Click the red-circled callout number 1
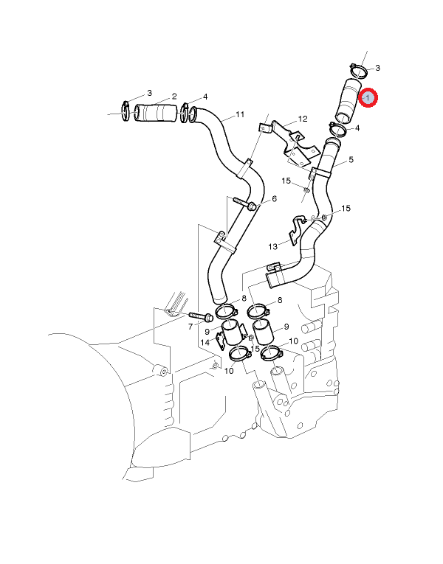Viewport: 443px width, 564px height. pos(368,97)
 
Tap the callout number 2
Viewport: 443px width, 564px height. pos(174,97)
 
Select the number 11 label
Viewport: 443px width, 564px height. pos(240,114)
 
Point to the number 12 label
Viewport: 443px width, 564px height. pos(303,119)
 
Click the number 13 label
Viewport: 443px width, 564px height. pos(272,246)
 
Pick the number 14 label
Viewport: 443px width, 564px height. pos(205,342)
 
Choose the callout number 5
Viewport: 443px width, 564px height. pos(351,159)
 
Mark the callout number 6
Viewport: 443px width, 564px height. pos(275,198)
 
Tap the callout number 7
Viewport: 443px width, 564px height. pos(190,327)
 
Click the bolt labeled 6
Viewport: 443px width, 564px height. pos(244,203)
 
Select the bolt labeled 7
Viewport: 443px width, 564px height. pos(202,317)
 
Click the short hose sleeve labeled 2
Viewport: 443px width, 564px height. pos(157,114)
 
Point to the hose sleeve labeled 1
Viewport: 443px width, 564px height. pos(348,100)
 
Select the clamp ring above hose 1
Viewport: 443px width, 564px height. pos(358,72)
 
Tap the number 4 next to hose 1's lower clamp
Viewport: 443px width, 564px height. pos(357,128)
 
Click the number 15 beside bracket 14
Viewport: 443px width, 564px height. pos(255,349)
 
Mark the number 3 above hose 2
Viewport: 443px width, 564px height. pos(149,93)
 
